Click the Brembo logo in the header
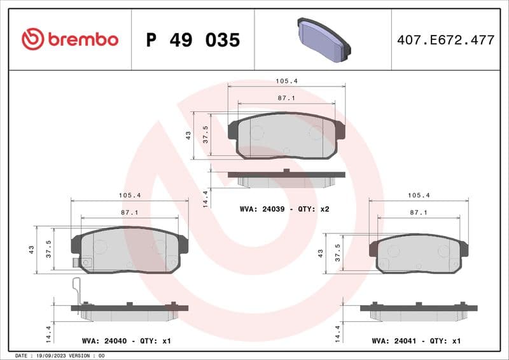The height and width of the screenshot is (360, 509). (70, 39)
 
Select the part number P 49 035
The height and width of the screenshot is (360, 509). (193, 40)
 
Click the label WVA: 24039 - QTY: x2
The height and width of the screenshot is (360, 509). (284, 209)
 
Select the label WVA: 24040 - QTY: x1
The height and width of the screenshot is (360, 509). (127, 341)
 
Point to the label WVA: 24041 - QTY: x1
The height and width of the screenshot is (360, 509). (416, 341)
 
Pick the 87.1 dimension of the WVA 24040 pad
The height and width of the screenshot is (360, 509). (130, 212)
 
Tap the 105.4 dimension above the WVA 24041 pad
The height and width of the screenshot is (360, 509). (419, 195)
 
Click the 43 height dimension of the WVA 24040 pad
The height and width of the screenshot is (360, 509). (31, 250)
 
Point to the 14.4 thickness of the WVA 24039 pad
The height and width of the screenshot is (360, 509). (205, 198)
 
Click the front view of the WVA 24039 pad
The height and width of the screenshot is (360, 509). (286, 135)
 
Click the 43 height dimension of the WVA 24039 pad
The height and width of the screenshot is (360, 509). (188, 135)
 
